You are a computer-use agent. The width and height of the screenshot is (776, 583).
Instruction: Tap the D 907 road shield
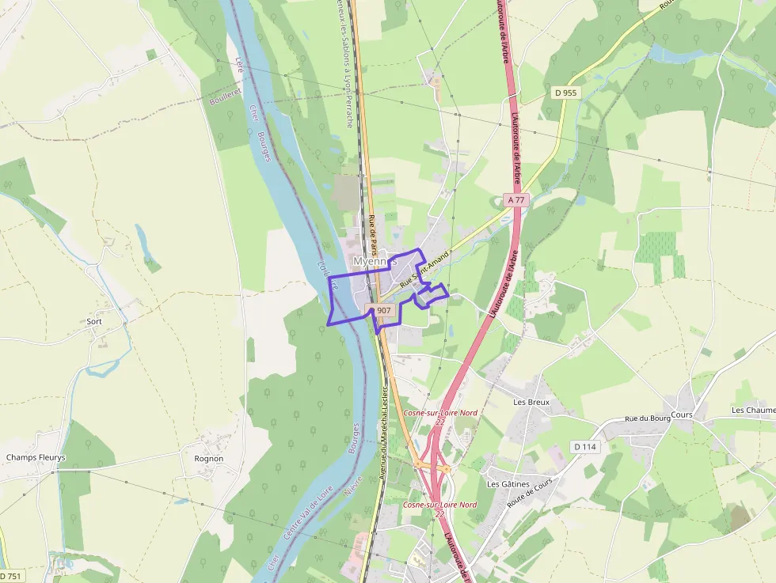coord(382,310)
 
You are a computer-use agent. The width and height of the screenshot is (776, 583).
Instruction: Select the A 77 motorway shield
coord(516,200)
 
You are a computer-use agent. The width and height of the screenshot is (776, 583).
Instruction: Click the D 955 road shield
coord(565,93)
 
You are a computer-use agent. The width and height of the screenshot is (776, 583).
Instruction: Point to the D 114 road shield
coord(584,447)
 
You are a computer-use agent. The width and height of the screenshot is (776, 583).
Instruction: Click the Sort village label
coord(94,322)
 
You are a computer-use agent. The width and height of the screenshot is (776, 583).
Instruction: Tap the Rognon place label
coord(209,458)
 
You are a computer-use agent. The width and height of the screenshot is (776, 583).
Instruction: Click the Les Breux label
coord(531,402)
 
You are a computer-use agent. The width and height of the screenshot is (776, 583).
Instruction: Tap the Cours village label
coord(681,415)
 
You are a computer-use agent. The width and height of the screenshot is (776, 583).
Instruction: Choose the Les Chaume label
coord(753,410)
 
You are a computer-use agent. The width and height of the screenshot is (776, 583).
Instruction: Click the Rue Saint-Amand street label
coord(424,270)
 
